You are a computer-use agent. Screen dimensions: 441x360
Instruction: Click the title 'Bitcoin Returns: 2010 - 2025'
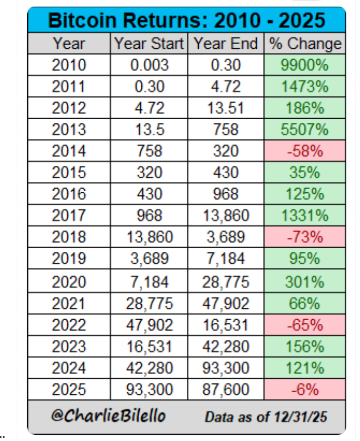click(x=186, y=21)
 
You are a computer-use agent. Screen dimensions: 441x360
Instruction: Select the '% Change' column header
click(x=305, y=44)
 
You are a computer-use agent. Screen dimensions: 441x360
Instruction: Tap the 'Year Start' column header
click(x=149, y=44)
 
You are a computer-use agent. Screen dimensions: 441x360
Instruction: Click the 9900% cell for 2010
click(x=305, y=65)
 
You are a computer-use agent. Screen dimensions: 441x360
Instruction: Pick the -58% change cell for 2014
click(x=305, y=151)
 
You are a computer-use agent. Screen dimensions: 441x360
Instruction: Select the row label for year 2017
click(x=69, y=216)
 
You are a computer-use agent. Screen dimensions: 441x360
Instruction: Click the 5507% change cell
click(x=305, y=130)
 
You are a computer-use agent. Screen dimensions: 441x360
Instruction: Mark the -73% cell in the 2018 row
click(x=305, y=237)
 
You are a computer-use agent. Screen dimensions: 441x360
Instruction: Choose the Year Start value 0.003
click(x=149, y=65)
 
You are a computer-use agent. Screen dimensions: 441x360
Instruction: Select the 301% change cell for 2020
click(x=305, y=282)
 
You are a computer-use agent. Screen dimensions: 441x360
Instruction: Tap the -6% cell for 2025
click(x=305, y=390)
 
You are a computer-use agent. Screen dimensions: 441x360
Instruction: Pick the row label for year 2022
click(x=69, y=325)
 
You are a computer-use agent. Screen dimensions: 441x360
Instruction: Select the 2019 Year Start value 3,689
click(x=149, y=260)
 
